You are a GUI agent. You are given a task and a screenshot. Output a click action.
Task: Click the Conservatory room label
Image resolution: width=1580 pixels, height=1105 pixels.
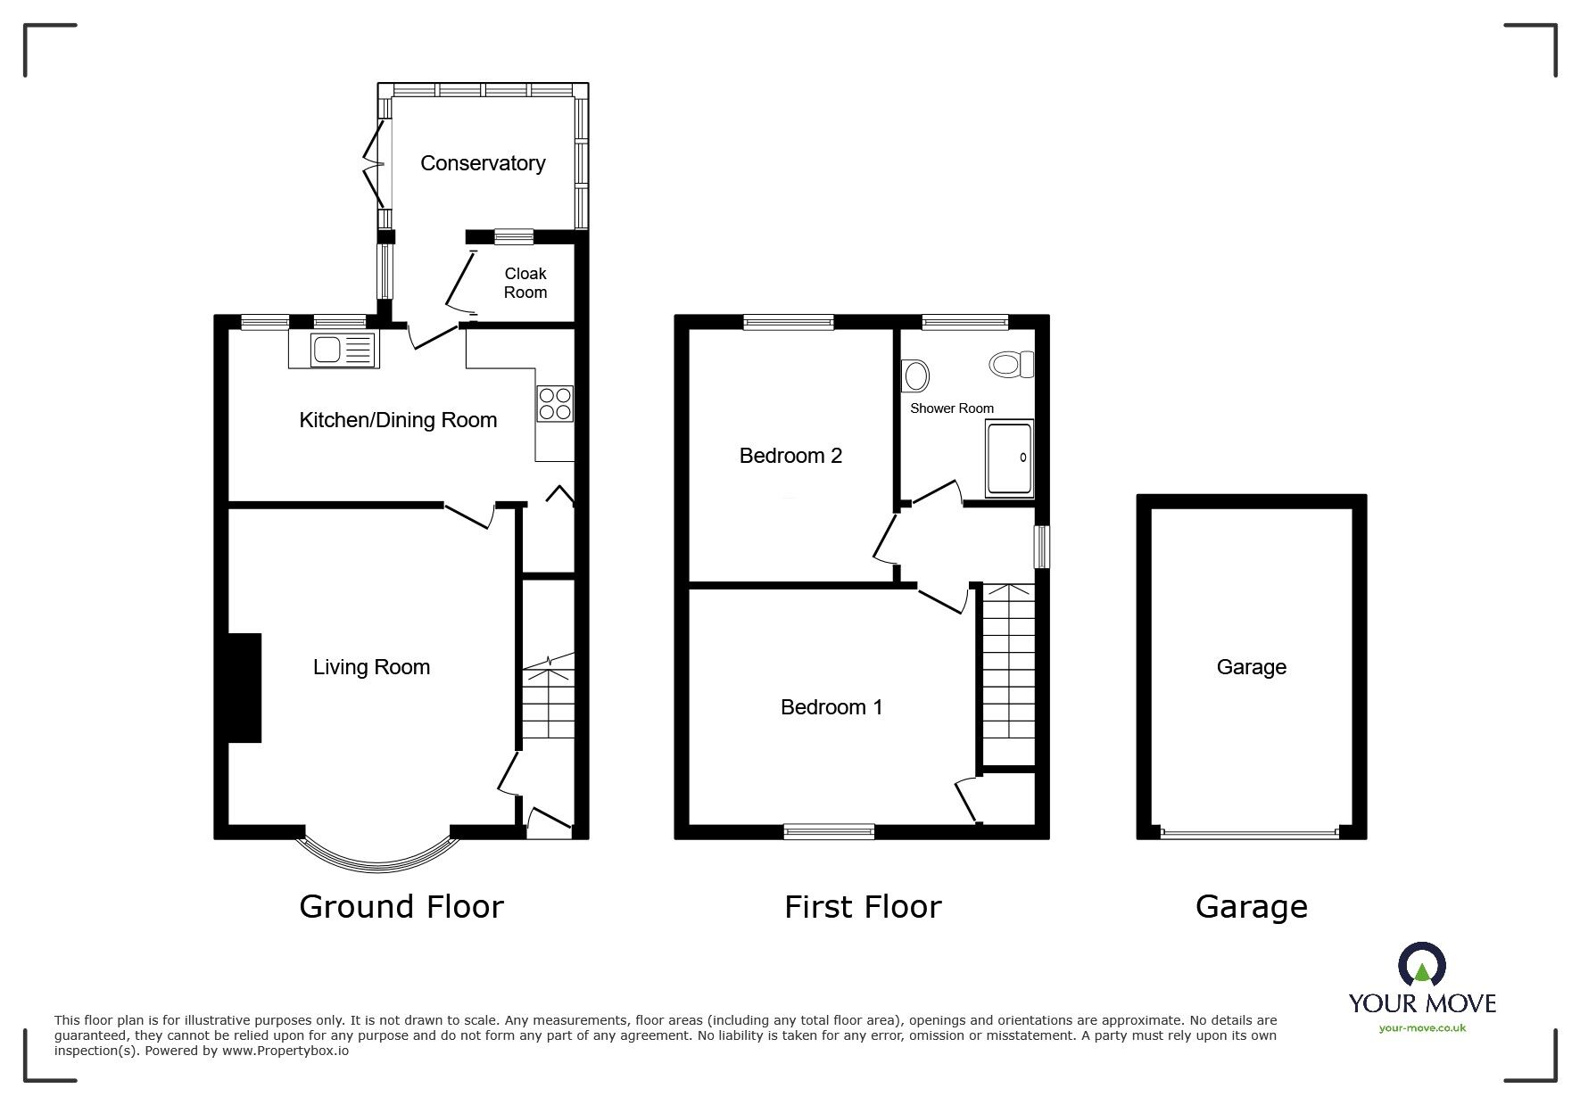point(483,163)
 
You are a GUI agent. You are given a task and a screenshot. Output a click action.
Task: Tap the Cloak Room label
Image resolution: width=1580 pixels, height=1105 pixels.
point(525,283)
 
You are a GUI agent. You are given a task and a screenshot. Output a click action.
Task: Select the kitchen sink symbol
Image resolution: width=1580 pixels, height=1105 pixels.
point(334,350)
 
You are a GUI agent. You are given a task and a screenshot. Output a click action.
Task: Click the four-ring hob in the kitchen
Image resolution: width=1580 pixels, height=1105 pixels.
point(554,403)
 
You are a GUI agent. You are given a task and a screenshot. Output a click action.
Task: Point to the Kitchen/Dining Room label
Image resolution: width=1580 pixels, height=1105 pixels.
point(398,420)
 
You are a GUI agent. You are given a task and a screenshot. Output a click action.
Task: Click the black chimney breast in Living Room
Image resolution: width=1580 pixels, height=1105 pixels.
point(244,688)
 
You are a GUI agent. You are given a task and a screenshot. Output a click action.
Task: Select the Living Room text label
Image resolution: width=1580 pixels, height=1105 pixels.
point(371,667)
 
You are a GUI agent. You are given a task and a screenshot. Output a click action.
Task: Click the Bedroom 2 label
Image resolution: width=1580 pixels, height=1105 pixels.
point(790,456)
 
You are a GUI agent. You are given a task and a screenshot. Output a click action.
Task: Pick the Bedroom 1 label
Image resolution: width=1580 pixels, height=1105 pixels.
point(831,707)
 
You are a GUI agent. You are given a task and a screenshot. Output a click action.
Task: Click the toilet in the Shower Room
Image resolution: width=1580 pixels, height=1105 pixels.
point(1012,364)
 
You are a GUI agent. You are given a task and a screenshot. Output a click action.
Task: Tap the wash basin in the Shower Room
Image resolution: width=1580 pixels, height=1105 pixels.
point(915,376)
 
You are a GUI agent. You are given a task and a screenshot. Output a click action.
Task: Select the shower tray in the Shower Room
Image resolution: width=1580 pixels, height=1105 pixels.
point(1009,459)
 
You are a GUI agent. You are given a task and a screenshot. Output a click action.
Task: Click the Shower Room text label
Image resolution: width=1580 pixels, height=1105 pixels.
point(951,408)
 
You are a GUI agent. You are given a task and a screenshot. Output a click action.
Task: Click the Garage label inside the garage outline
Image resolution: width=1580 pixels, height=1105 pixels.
point(1251,667)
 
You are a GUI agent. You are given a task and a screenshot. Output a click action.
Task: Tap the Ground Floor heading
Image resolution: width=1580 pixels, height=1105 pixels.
point(401,907)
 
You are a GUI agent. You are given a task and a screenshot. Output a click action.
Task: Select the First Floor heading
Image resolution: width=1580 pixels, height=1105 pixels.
point(863,907)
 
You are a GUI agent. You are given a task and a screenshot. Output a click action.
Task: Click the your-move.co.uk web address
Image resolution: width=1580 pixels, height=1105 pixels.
point(1422,1028)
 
